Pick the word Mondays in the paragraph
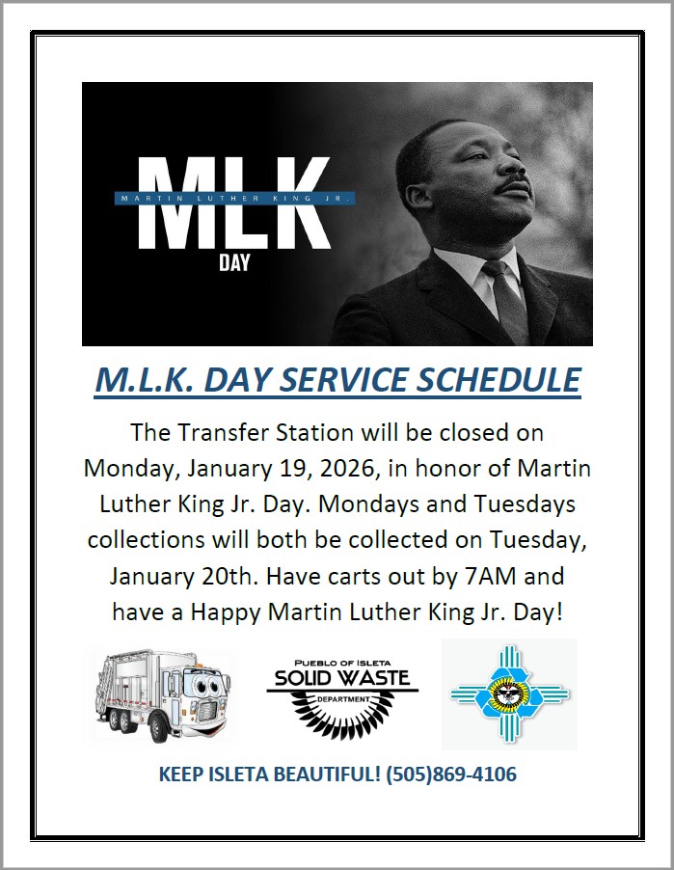(361, 504)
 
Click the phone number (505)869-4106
(451, 774)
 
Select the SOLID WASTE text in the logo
(342, 677)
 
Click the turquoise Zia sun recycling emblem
(509, 694)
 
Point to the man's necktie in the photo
(507, 300)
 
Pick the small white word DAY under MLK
(234, 262)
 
